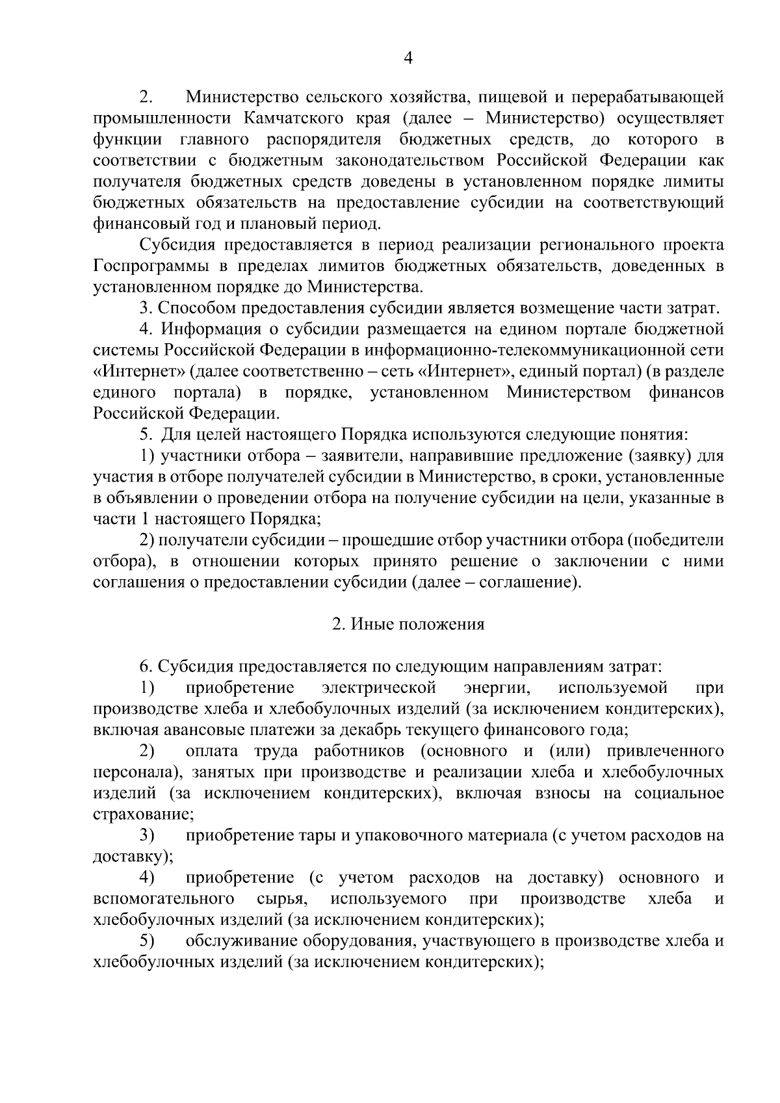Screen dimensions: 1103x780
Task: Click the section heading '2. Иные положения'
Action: click(408, 625)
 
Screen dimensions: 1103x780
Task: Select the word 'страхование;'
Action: click(144, 814)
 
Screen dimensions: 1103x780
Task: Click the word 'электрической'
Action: click(379, 688)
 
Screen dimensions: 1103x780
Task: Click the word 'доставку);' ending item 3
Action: click(133, 857)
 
